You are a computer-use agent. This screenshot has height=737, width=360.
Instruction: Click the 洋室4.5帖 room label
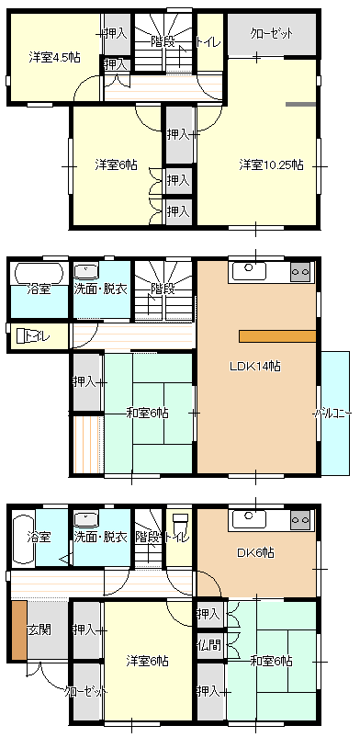[x=54, y=58]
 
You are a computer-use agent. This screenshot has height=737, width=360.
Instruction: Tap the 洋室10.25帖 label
[x=271, y=165]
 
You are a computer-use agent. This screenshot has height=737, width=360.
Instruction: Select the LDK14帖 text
[x=255, y=367]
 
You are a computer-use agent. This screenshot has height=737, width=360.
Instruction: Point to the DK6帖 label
[x=255, y=553]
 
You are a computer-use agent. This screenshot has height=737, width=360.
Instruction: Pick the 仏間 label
[x=209, y=644]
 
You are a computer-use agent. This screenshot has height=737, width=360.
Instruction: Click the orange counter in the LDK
[x=277, y=336]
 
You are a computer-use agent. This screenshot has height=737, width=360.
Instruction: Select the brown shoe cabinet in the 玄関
[x=19, y=630]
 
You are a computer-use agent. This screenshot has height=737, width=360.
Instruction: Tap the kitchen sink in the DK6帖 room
[x=248, y=518]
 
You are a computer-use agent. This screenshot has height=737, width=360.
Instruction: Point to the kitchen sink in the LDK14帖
[x=248, y=269]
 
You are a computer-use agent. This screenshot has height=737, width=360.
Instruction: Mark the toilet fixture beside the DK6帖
[x=181, y=523]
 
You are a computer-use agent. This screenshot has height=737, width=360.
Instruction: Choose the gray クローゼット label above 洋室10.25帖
[x=272, y=34]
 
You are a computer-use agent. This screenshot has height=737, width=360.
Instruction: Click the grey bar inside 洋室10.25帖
[x=301, y=104]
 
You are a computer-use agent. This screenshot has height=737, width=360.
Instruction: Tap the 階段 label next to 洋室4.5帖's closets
[x=163, y=42]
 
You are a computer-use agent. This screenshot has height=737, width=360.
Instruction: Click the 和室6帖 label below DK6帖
[x=271, y=662]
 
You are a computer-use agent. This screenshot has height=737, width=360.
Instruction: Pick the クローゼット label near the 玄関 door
[x=86, y=692]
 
